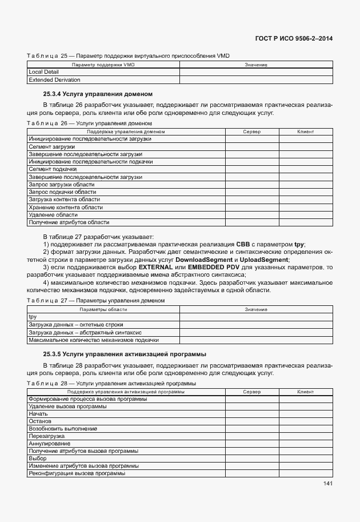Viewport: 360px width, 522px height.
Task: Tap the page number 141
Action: point(327,484)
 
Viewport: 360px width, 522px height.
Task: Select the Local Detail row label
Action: point(43,73)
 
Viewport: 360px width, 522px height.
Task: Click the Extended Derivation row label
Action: point(54,80)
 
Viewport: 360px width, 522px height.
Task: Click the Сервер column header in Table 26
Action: point(251,132)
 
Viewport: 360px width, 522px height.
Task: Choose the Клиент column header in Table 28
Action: point(306,392)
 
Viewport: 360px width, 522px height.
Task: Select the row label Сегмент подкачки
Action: point(53,169)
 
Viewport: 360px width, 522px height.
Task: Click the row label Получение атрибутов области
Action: point(69,222)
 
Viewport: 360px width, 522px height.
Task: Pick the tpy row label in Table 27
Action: point(33,317)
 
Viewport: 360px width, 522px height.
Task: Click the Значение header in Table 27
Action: point(256,309)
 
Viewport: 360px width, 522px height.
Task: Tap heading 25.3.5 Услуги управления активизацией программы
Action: point(125,354)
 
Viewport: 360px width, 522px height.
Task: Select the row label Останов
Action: point(40,421)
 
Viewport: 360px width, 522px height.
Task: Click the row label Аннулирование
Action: point(50,444)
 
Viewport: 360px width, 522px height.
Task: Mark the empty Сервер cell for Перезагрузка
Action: point(251,436)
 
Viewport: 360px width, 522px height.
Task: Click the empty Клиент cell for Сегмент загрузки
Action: point(306,147)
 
